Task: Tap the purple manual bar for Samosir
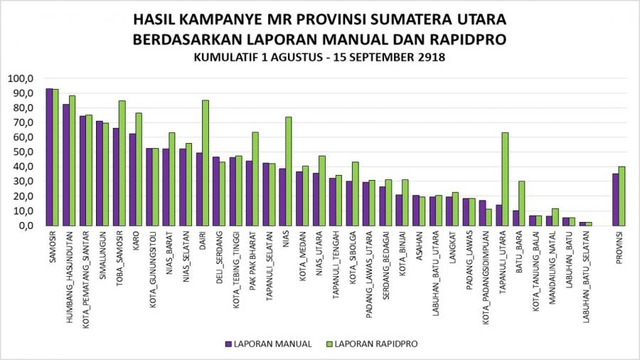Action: (48, 157)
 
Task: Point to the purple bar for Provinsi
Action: (615, 199)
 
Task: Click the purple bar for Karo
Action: (132, 179)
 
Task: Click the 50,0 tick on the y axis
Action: (23, 152)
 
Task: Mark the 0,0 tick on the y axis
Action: (26, 226)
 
